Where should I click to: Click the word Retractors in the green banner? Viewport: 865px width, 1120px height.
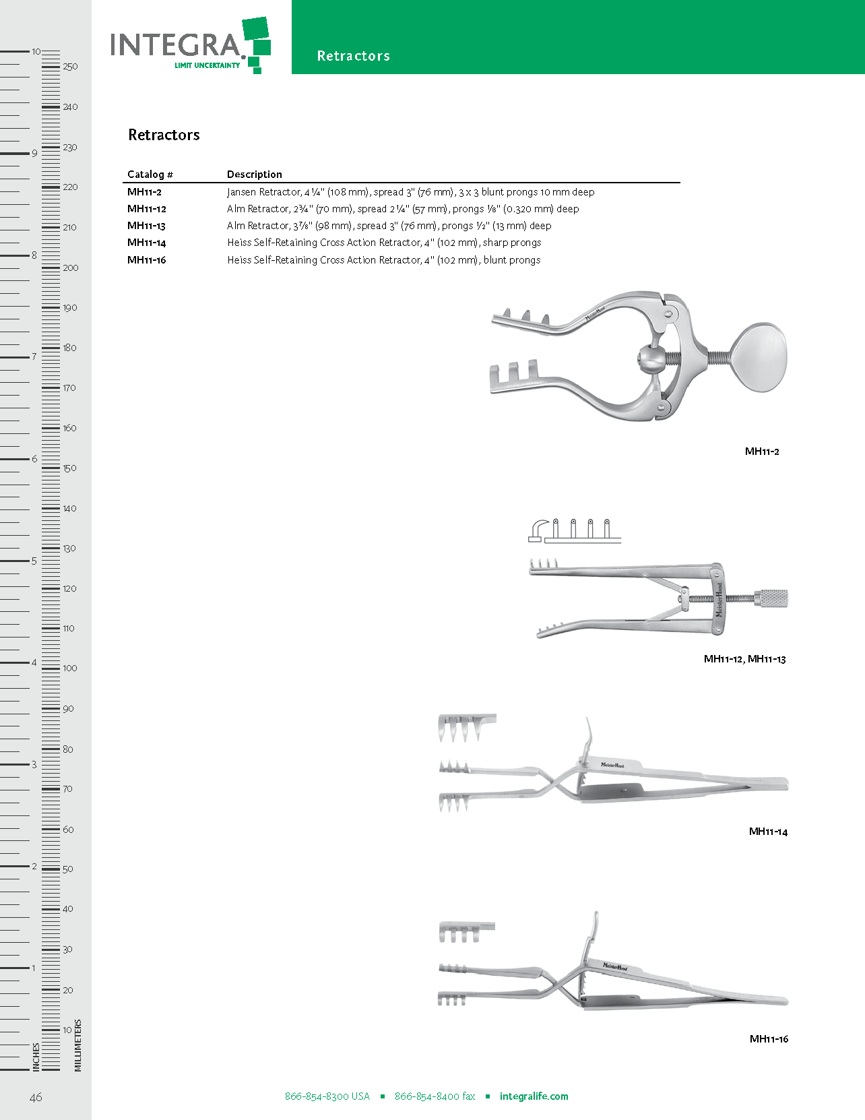click(x=353, y=56)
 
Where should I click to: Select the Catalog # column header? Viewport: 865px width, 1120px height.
click(x=150, y=175)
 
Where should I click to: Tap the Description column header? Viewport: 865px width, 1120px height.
click(x=254, y=175)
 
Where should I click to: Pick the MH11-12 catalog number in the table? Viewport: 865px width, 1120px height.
click(x=147, y=209)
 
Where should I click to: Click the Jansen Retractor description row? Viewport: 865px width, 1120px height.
click(x=410, y=192)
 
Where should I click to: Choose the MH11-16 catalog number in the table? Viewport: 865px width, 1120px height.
click(x=147, y=260)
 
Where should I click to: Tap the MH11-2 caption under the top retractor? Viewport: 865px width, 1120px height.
click(x=762, y=452)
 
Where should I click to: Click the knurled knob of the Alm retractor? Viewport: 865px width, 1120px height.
click(x=771, y=598)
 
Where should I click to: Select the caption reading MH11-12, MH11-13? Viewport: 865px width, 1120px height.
click(x=744, y=659)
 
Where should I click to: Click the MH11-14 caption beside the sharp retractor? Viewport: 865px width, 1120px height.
click(x=768, y=832)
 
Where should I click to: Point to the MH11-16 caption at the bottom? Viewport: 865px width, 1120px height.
click(x=769, y=1039)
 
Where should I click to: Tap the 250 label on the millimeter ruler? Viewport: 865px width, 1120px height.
click(x=70, y=67)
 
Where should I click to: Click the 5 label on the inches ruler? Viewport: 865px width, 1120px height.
click(x=34, y=561)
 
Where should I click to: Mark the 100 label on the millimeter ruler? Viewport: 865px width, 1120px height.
click(x=70, y=668)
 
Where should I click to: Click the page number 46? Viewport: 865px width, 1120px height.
click(x=36, y=1097)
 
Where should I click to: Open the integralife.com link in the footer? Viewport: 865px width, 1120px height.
click(x=534, y=1096)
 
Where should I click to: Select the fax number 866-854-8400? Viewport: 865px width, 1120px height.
click(x=435, y=1096)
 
